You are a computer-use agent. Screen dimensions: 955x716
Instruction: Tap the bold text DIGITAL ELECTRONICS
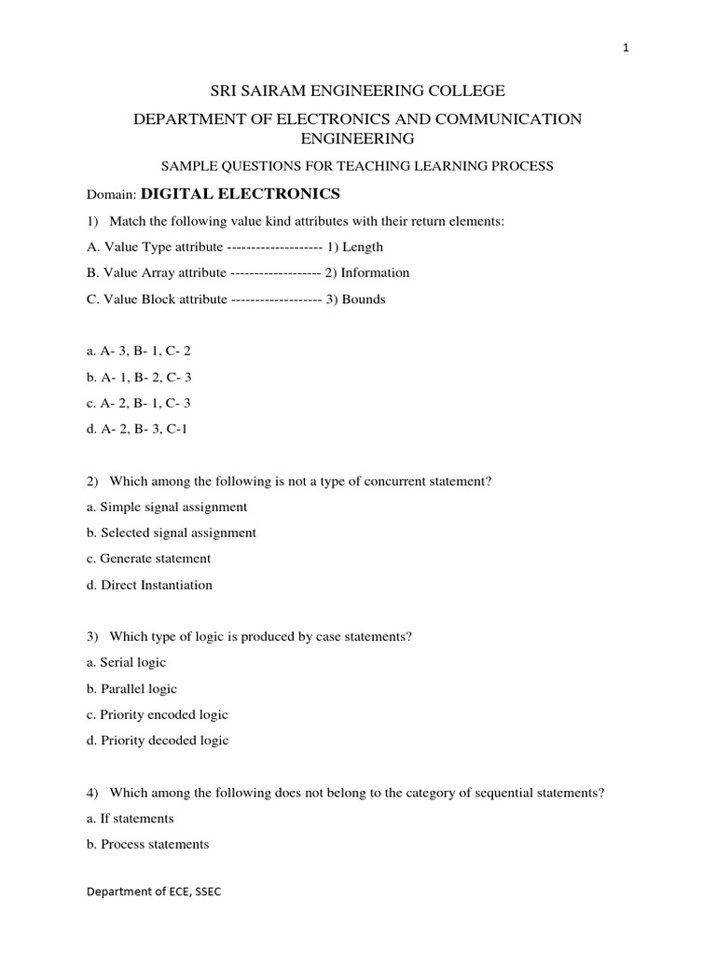[x=241, y=194]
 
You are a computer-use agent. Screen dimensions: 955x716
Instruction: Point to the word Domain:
[x=111, y=195]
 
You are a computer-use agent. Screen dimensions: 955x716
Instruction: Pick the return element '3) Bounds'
[x=355, y=299]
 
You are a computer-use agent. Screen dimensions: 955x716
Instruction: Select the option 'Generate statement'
[x=155, y=559]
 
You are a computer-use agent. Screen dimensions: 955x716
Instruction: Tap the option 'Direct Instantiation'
[x=157, y=585]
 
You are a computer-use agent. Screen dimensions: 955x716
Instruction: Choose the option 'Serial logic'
[x=131, y=662]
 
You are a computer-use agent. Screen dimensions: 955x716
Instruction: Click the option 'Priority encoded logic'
[x=163, y=714]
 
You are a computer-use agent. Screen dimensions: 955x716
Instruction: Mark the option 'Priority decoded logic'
[x=163, y=740]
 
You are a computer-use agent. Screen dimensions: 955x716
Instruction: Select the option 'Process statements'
[x=154, y=844]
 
